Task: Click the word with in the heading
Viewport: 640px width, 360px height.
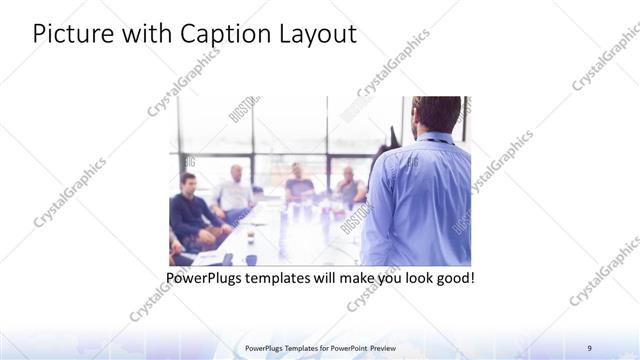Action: coord(148,34)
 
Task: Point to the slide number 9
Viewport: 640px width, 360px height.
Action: coord(590,347)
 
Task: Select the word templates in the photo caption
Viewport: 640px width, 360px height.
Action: coord(285,276)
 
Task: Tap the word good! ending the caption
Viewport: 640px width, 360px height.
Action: coord(453,276)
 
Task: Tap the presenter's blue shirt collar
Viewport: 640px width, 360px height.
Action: coord(437,141)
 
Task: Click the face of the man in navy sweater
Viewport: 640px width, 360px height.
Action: coord(187,183)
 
